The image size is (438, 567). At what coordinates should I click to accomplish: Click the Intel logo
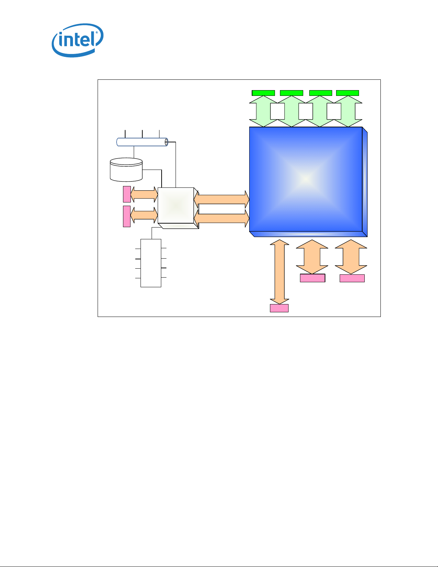(78, 40)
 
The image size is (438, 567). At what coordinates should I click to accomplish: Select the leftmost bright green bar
(263, 93)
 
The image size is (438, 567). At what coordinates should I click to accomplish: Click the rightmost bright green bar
(348, 93)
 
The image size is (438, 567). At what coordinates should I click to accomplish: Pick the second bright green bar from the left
(291, 93)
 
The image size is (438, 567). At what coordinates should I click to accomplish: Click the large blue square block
(306, 179)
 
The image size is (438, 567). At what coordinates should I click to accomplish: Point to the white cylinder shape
(126, 170)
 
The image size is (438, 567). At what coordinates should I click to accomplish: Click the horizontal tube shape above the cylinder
(142, 142)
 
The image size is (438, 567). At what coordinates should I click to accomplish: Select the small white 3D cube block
(176, 205)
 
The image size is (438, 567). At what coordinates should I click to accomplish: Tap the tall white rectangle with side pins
(151, 263)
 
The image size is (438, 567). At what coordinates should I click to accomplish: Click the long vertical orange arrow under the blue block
(279, 272)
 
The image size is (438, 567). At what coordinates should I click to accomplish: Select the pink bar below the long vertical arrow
(279, 308)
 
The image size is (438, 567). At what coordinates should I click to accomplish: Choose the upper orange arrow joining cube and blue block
(221, 199)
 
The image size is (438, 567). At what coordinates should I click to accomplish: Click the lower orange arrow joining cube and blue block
(221, 218)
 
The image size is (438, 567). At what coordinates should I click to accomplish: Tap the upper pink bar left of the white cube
(127, 194)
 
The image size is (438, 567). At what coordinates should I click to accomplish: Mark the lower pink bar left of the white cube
(127, 216)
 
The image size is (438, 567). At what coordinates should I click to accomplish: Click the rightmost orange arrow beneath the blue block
(351, 257)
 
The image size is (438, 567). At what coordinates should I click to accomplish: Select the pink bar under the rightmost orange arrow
(352, 278)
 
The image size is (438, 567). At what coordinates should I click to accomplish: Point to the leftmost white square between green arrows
(277, 111)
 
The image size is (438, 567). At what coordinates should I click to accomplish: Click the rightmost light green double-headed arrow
(349, 111)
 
